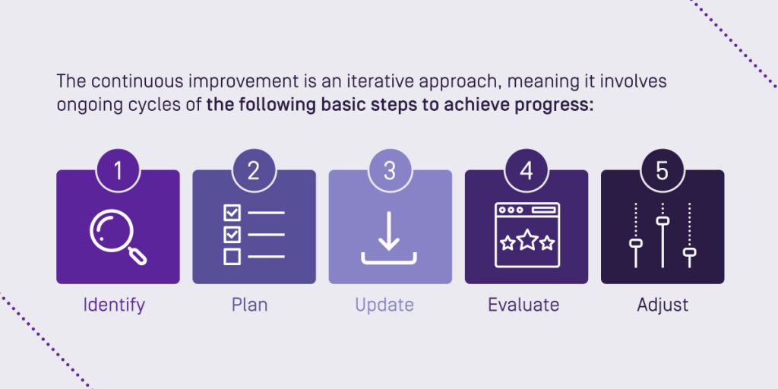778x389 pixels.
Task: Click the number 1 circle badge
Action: pyautogui.click(x=118, y=171)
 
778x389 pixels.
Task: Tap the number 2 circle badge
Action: pyautogui.click(x=254, y=171)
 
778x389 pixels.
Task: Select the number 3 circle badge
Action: pyautogui.click(x=390, y=171)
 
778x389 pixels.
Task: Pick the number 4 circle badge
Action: pyautogui.click(x=527, y=171)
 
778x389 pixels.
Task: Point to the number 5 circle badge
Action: pyautogui.click(x=663, y=171)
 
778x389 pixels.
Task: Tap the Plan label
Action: pyautogui.click(x=249, y=305)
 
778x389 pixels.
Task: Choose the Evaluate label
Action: pyautogui.click(x=523, y=305)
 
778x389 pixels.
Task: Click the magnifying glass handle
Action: pyautogui.click(x=138, y=255)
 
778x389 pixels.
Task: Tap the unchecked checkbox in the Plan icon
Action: pyautogui.click(x=232, y=257)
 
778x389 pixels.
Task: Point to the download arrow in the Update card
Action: pyautogui.click(x=389, y=231)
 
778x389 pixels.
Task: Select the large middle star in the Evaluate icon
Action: pyautogui.click(x=527, y=240)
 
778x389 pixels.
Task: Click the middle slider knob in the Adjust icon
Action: pyautogui.click(x=663, y=221)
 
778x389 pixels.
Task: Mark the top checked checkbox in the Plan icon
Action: pyautogui.click(x=232, y=213)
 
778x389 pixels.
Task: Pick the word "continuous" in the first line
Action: pyautogui.click(x=128, y=81)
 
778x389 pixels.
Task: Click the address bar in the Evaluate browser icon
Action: pyautogui.click(x=543, y=210)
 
